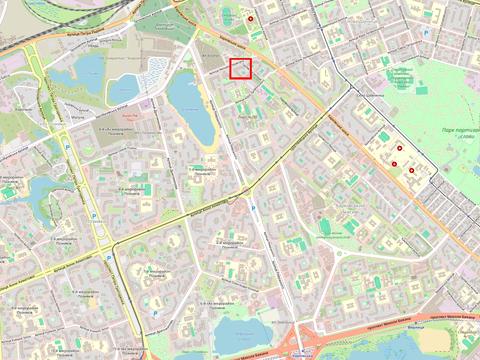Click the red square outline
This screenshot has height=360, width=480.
240,68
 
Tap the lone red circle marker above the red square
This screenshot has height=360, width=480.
251,18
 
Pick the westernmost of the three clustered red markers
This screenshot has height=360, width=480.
396,163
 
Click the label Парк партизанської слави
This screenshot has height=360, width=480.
459,134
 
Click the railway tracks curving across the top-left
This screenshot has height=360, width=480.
40,34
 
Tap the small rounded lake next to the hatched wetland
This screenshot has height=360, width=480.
128,89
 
